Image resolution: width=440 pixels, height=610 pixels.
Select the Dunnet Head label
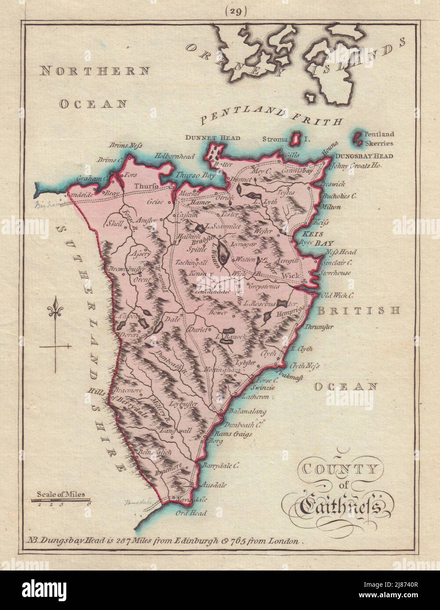218,138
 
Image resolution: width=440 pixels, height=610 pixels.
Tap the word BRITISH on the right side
359,311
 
